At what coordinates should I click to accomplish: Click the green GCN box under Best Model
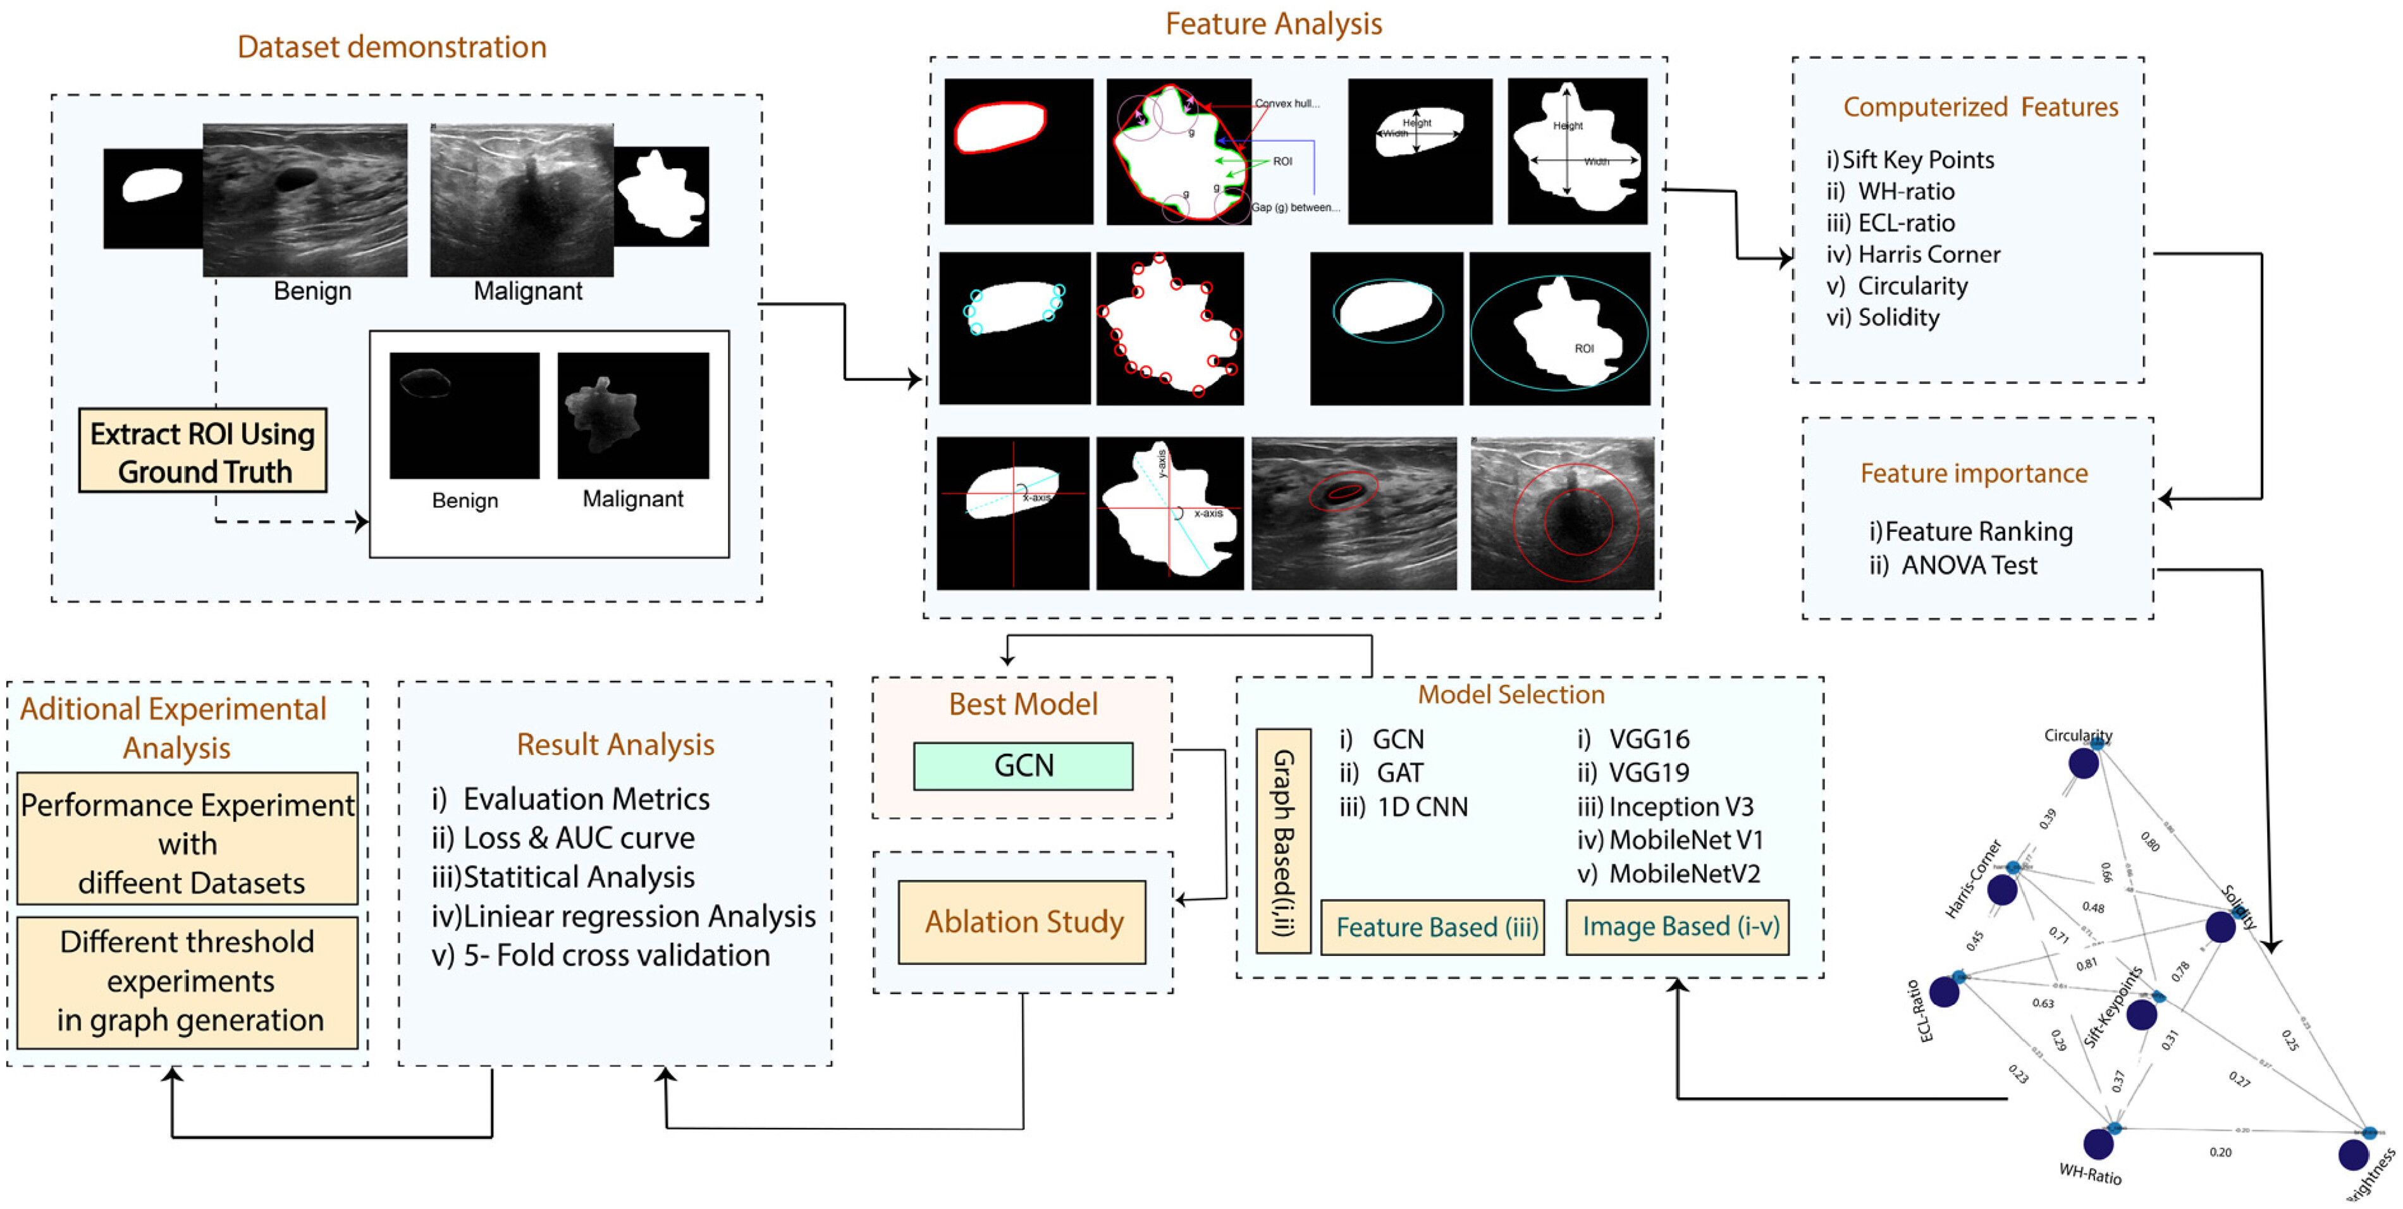1023,766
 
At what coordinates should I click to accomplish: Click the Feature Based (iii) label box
1432,927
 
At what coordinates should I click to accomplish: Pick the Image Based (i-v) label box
1676,926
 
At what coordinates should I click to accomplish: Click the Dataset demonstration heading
392,47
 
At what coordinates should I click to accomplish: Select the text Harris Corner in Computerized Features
1928,255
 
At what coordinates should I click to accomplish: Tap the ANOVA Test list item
1969,565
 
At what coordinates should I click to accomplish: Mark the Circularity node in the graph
2083,763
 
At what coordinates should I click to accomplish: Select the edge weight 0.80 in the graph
2149,842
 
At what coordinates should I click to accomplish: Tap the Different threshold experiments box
188,981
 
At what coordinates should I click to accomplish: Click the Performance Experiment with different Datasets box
188,844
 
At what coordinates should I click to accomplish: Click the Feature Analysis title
1274,23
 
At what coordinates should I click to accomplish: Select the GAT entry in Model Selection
1399,773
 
